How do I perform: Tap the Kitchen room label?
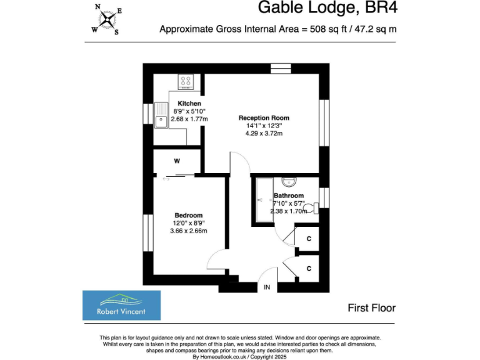(x=189, y=103)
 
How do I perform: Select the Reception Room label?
(x=264, y=117)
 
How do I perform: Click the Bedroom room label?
(x=188, y=216)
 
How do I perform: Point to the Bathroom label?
(x=288, y=196)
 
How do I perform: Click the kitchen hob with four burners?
(x=186, y=81)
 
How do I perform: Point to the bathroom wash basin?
(x=289, y=182)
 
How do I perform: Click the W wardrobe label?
(x=177, y=161)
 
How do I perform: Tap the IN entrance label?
(x=267, y=287)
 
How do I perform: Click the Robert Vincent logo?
(x=121, y=305)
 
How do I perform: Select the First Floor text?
(x=371, y=307)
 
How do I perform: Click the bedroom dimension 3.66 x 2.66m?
(x=188, y=231)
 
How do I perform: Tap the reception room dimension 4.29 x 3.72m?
(x=264, y=132)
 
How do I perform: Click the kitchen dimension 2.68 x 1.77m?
(x=189, y=118)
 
